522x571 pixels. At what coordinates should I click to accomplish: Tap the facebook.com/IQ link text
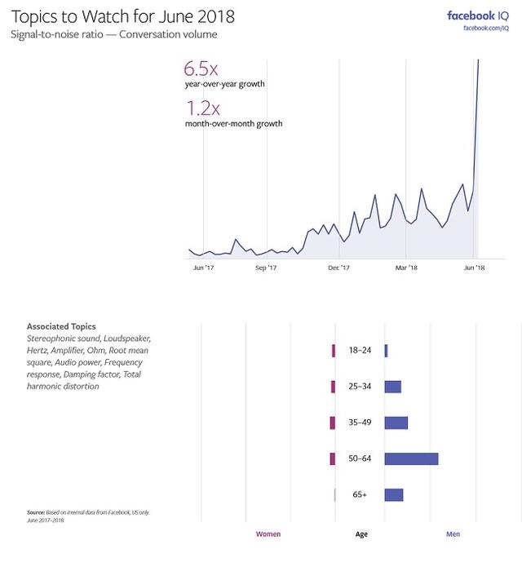tap(486, 29)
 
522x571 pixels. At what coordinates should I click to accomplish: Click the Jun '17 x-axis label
tap(203, 268)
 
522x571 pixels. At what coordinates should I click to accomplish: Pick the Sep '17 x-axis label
tap(267, 268)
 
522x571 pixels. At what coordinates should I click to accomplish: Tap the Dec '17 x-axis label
tap(338, 268)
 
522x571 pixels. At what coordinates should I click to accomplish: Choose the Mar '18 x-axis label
tap(406, 268)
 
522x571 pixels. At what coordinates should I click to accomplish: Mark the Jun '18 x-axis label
tap(475, 268)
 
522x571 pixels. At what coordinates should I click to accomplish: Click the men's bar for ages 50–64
tap(411, 458)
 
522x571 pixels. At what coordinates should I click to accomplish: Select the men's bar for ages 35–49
tap(396, 423)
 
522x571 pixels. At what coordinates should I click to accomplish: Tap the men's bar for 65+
tap(394, 494)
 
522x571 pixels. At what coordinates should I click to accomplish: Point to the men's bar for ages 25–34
tap(392, 387)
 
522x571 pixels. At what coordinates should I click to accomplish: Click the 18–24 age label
tap(360, 351)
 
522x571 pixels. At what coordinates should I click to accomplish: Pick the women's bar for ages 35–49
tap(332, 423)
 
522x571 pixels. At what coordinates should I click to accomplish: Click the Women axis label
tap(268, 534)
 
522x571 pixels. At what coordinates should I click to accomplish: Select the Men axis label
tap(453, 534)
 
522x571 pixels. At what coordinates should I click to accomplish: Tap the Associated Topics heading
tap(61, 326)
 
